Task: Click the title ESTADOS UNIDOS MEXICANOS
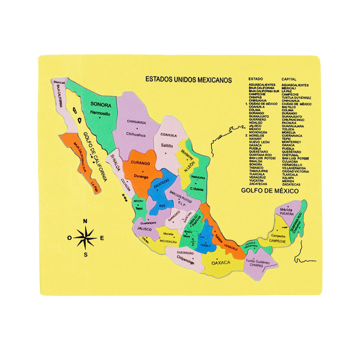(x=188, y=79)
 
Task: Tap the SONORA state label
(x=101, y=105)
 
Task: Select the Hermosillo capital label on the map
(x=100, y=114)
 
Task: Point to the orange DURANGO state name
(x=140, y=163)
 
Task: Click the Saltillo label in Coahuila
(x=167, y=146)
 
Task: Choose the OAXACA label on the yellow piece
(x=221, y=263)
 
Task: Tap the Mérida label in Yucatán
(x=286, y=209)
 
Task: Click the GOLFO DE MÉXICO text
(x=270, y=191)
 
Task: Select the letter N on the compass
(x=85, y=221)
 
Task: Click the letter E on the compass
(x=102, y=238)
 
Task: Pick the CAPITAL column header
(x=289, y=79)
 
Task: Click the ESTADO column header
(x=256, y=79)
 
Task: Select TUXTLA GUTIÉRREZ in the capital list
(x=296, y=98)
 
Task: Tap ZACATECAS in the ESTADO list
(x=258, y=184)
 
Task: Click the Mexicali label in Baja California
(x=59, y=82)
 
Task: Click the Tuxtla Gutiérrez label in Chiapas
(x=258, y=262)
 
